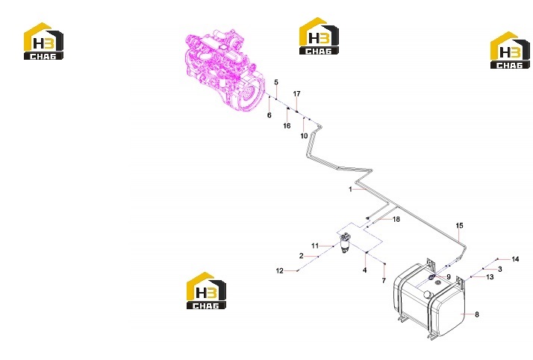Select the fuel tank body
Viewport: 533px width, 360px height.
tap(430, 300)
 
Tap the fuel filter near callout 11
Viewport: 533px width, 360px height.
tap(346, 243)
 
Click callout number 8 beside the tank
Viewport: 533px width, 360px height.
tap(476, 314)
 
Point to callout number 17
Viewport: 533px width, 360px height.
tap(297, 93)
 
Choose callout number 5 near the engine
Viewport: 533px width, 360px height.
tap(276, 82)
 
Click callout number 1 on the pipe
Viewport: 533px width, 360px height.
tap(350, 189)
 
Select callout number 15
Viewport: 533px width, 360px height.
tap(459, 226)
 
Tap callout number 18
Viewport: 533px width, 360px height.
tap(396, 220)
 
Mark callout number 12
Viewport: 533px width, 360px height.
tap(279, 270)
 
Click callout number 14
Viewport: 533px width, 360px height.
tap(515, 259)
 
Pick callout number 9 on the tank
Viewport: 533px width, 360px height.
tap(449, 277)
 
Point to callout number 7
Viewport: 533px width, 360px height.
tap(384, 281)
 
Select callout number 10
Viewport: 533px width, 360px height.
tap(304, 136)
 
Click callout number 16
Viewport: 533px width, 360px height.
tap(287, 125)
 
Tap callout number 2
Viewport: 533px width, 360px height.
tap(301, 255)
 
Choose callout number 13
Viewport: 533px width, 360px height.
tap(490, 277)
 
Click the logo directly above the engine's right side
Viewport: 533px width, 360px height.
tap(319, 36)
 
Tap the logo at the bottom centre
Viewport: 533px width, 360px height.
tap(206, 291)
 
